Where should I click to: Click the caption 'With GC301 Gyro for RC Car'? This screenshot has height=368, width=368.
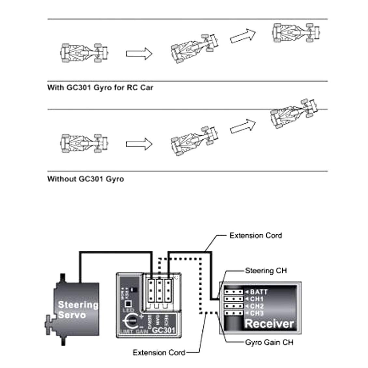pyautogui.click(x=100, y=88)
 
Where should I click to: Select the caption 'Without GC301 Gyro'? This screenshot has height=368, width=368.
pyautogui.click(x=85, y=179)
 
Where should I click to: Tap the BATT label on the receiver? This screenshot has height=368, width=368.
pyautogui.click(x=259, y=292)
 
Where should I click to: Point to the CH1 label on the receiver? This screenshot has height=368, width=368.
pyautogui.click(x=257, y=299)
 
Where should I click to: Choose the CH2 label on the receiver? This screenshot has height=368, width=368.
pyautogui.click(x=257, y=306)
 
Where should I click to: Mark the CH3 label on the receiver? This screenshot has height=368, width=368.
pyautogui.click(x=257, y=313)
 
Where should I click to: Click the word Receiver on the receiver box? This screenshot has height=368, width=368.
pyautogui.click(x=269, y=324)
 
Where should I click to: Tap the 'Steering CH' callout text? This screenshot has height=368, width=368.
pyautogui.click(x=266, y=271)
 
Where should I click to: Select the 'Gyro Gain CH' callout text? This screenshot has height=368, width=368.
pyautogui.click(x=269, y=342)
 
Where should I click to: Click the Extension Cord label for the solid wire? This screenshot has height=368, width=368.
pyautogui.click(x=256, y=235)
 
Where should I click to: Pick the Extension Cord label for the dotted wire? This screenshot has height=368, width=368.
pyautogui.click(x=159, y=352)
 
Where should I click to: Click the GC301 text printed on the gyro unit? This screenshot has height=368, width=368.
pyautogui.click(x=164, y=330)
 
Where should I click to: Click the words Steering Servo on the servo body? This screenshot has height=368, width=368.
pyautogui.click(x=78, y=310)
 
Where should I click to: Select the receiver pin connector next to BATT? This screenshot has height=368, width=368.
pyautogui.click(x=234, y=292)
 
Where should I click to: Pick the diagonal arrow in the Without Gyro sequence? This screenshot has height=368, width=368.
pyautogui.click(x=243, y=126)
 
